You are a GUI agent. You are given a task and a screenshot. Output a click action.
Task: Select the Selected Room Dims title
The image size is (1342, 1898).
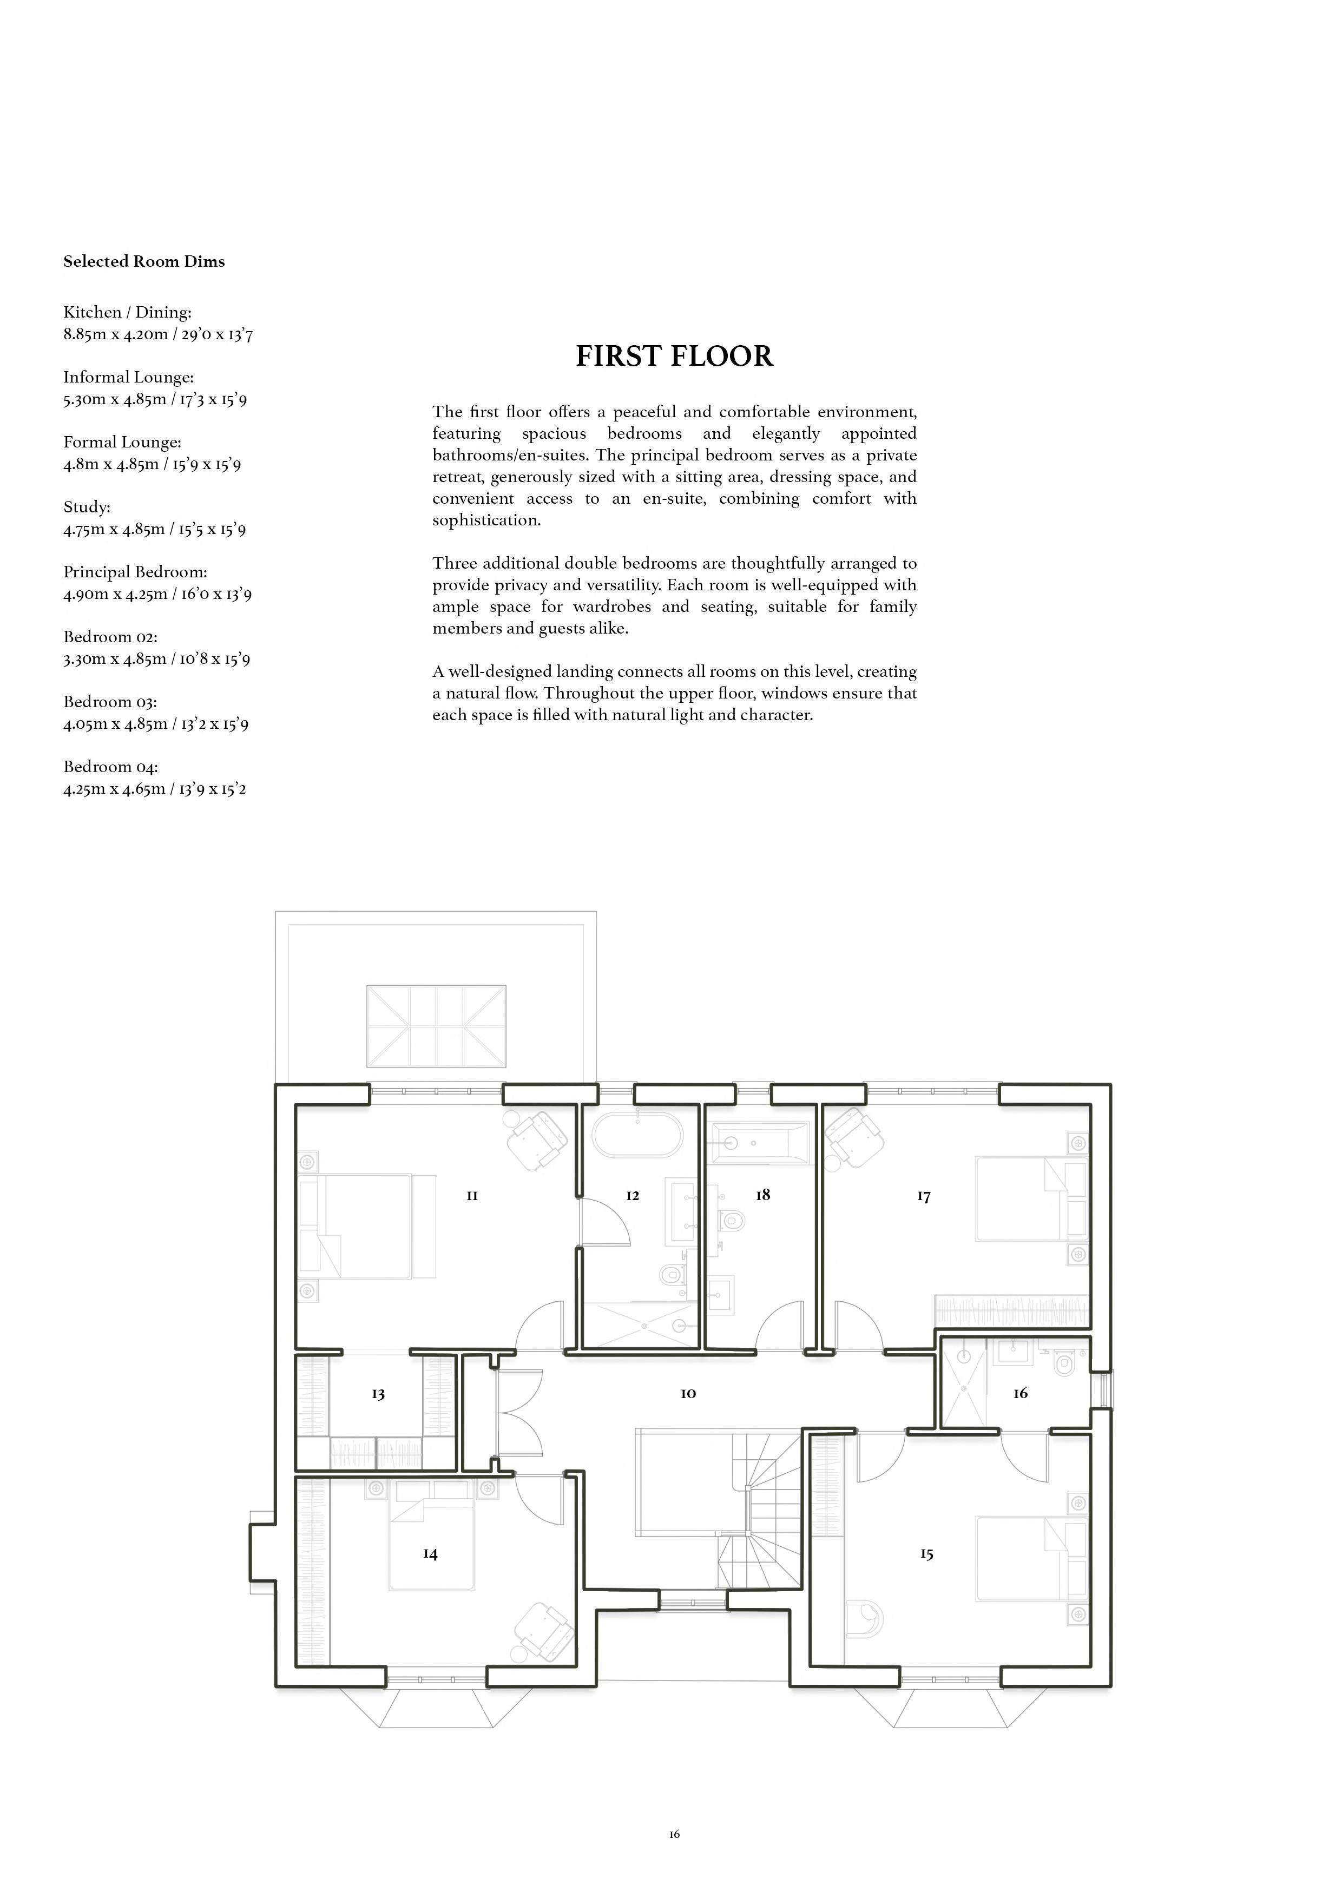(x=144, y=262)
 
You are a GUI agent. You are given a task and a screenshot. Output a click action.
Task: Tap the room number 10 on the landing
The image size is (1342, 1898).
(x=688, y=1394)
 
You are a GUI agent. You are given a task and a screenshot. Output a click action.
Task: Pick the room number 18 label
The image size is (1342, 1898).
(x=762, y=1195)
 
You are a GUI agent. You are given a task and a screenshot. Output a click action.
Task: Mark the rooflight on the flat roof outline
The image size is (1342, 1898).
(x=436, y=1026)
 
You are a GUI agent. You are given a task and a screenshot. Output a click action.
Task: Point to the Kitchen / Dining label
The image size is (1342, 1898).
(x=127, y=313)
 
